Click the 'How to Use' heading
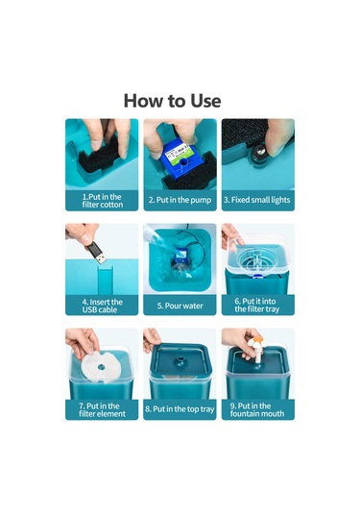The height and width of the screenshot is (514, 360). pyautogui.click(x=172, y=100)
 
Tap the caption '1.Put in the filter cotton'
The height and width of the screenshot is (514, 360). pyautogui.click(x=102, y=201)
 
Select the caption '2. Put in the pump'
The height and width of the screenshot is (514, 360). pyautogui.click(x=180, y=200)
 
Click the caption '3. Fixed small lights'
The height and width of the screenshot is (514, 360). pyautogui.click(x=257, y=200)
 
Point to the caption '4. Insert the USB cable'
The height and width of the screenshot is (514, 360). pyautogui.click(x=102, y=306)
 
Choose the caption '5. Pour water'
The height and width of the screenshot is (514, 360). pyautogui.click(x=180, y=306)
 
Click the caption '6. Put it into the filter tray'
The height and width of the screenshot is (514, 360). pyautogui.click(x=257, y=306)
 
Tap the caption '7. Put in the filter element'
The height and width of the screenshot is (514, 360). pyautogui.click(x=102, y=409)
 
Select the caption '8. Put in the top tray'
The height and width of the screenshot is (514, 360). pyautogui.click(x=180, y=409)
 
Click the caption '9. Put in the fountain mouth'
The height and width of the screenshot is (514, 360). pyautogui.click(x=257, y=409)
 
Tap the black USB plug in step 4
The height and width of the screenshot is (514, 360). pyautogui.click(x=97, y=253)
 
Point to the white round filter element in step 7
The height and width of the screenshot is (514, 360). pyautogui.click(x=101, y=366)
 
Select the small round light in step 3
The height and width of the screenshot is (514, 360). pyautogui.click(x=258, y=152)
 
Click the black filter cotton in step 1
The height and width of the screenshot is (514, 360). pyautogui.click(x=99, y=157)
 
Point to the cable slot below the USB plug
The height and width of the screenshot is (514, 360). pyautogui.click(x=106, y=281)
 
